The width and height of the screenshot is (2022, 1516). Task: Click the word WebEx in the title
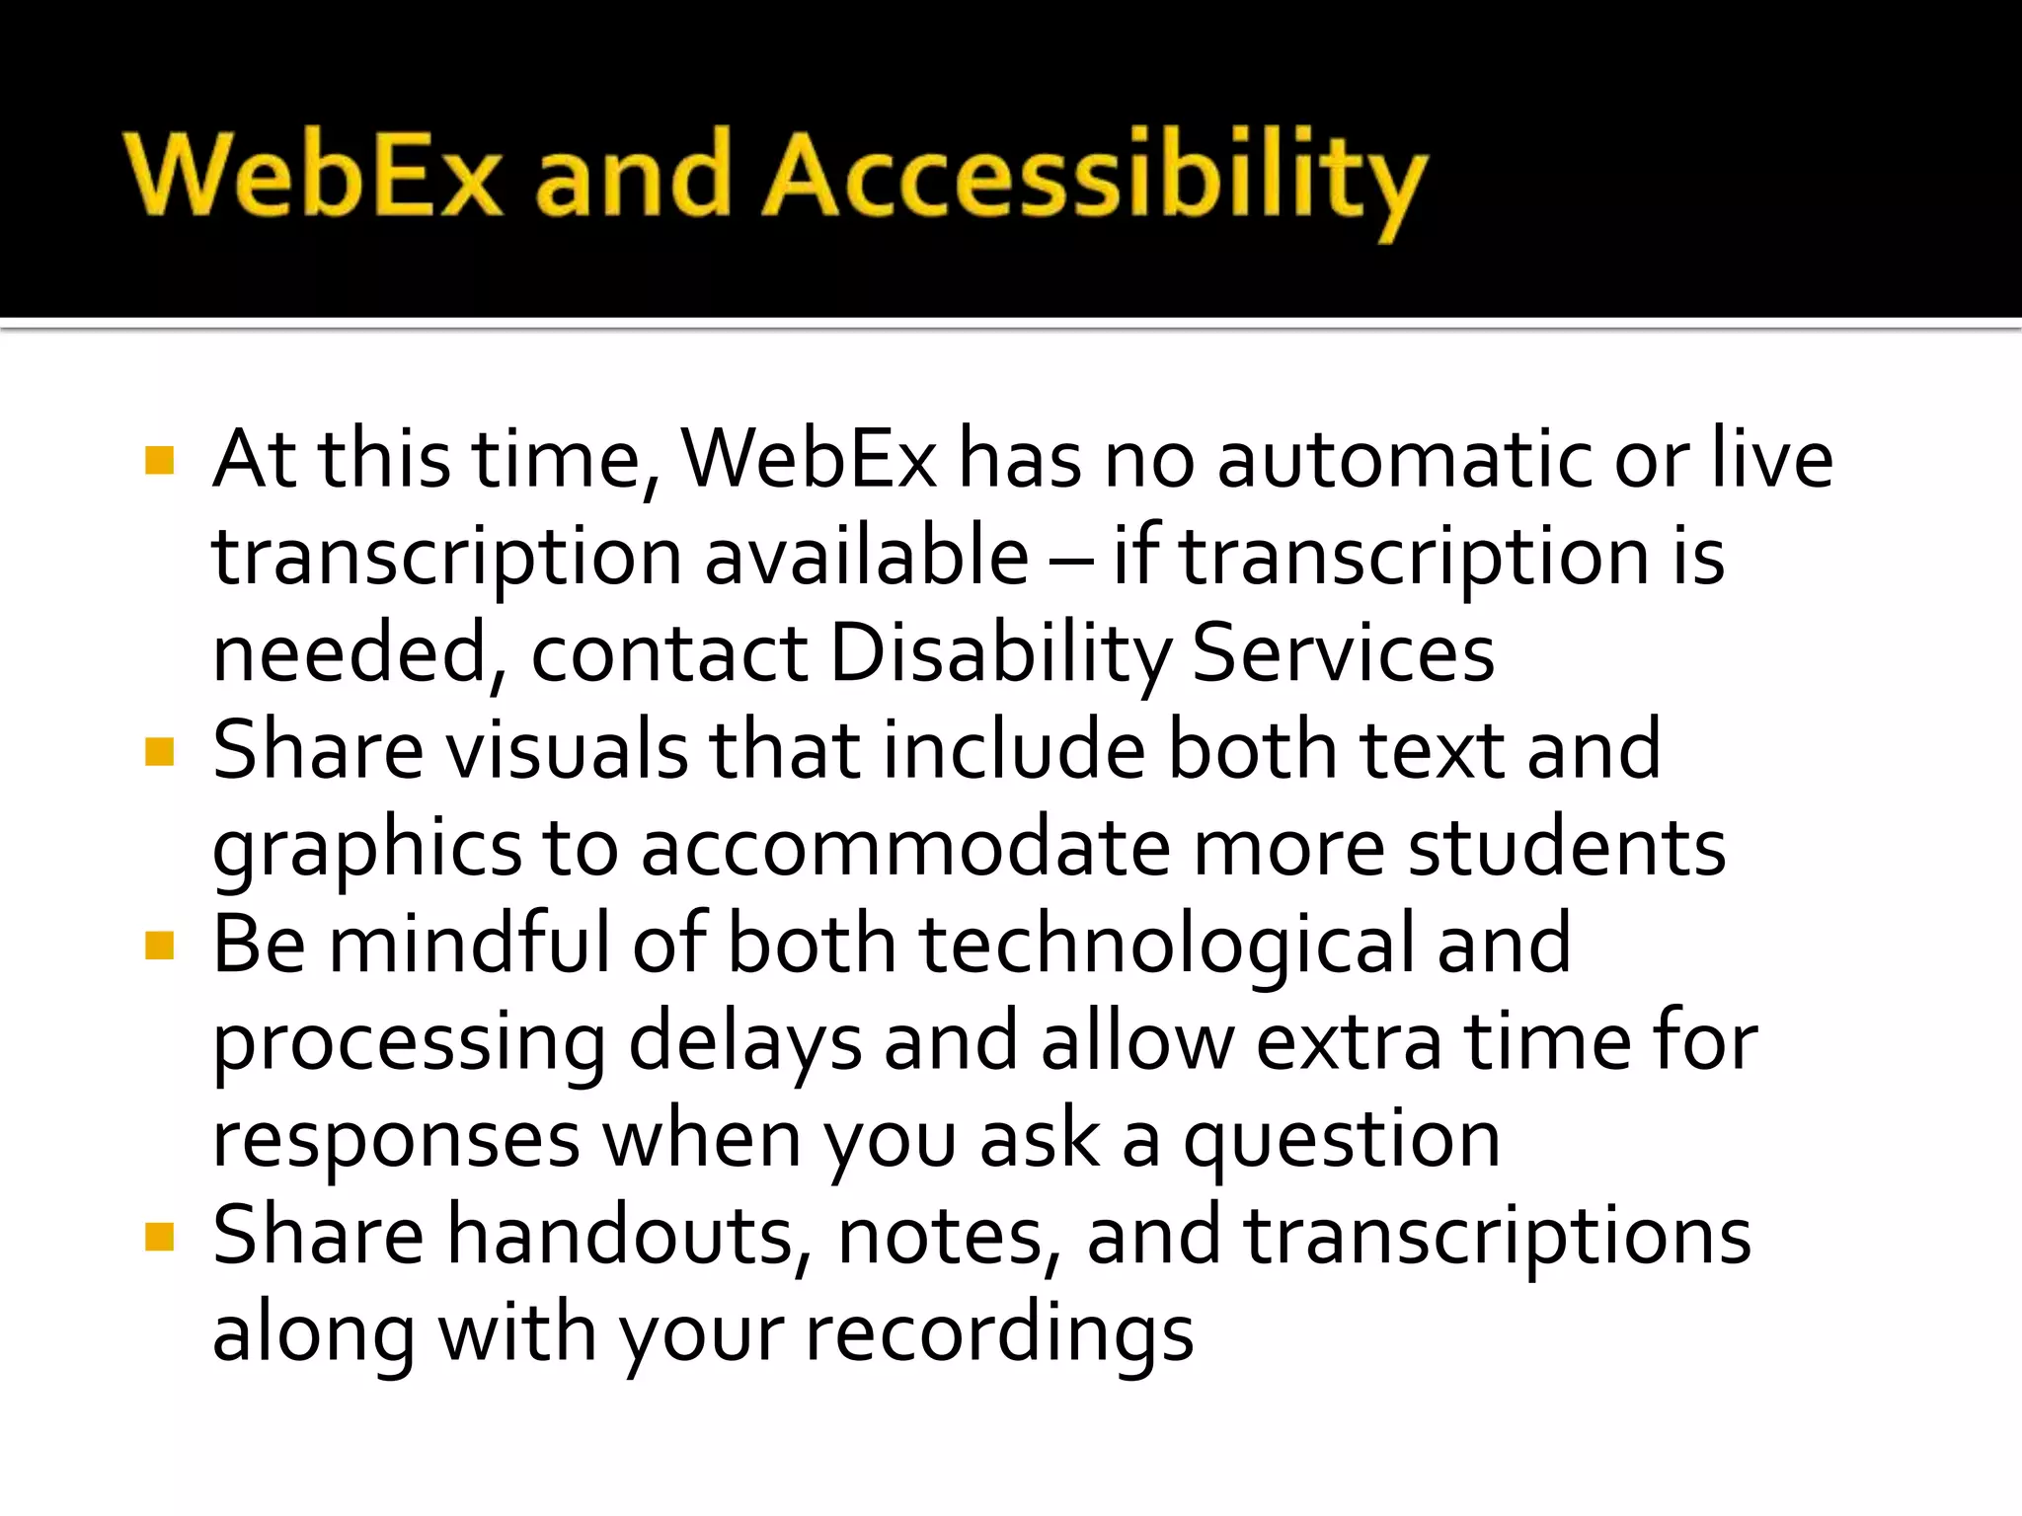[314, 176]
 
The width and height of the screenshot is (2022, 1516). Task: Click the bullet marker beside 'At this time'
[159, 461]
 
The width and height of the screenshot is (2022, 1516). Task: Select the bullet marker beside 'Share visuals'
[159, 752]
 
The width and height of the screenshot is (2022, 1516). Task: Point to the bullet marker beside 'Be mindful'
[159, 946]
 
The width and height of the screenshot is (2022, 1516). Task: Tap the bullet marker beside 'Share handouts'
[159, 1237]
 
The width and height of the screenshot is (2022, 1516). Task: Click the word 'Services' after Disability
[1343, 653]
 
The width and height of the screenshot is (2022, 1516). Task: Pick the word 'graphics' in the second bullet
[366, 849]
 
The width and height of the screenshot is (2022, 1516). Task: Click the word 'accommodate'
[904, 849]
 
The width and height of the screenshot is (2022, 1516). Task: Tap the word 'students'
[1566, 849]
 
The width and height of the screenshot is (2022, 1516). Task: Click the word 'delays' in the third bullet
[744, 1042]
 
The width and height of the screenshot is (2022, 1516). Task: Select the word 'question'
[1342, 1141]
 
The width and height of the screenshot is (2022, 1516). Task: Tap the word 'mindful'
[468, 945]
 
